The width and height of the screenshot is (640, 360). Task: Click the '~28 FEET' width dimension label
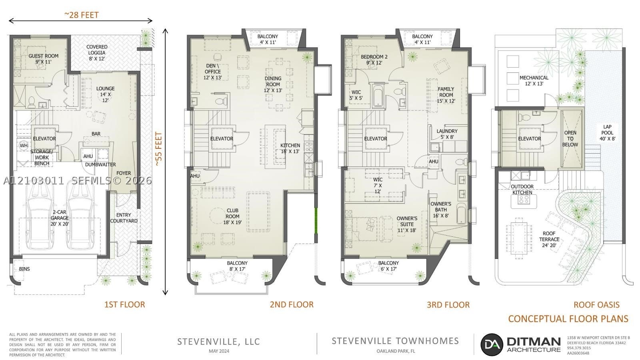click(82, 15)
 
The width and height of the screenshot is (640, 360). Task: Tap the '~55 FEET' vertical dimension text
click(158, 149)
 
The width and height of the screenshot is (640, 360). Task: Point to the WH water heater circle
click(24, 146)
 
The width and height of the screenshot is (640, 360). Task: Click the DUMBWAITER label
click(100, 164)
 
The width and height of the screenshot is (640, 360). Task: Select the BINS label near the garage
click(24, 269)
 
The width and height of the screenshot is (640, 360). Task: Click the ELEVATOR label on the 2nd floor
click(222, 138)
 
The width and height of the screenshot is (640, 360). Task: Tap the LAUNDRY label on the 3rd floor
click(447, 131)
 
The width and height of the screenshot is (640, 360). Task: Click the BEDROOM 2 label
click(374, 57)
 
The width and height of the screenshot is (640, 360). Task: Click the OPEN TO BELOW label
click(570, 138)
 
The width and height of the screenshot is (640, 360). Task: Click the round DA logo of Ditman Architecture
click(492, 344)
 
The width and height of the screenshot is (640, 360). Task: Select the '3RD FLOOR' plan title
click(448, 305)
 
